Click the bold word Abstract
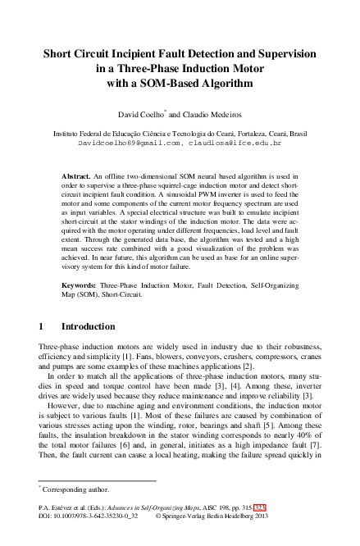point(77,175)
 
